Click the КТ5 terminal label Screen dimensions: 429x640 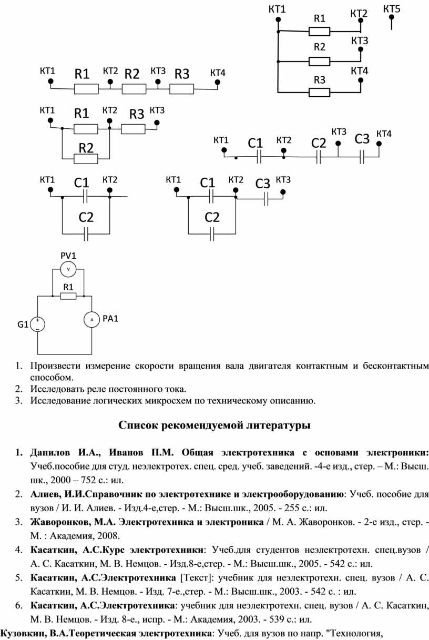coord(392,9)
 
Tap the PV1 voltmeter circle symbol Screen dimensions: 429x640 coord(68,269)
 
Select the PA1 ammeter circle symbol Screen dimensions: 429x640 coord(91,320)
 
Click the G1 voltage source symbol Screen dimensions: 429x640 coord(37,324)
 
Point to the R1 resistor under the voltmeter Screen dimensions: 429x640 coord(68,296)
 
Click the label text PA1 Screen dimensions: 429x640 coord(110,319)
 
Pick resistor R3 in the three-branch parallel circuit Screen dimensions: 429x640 coord(319,92)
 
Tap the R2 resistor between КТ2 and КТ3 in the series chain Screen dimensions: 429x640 coord(134,89)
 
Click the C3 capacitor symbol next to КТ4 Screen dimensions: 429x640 coord(362,157)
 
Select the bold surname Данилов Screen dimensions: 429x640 coord(50,453)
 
